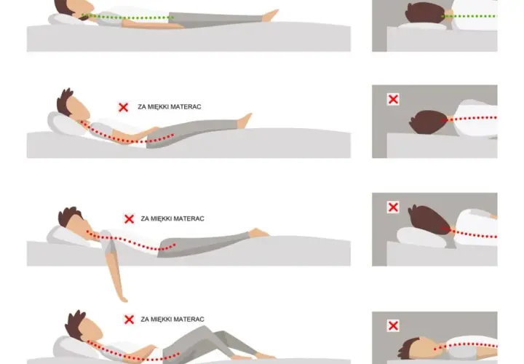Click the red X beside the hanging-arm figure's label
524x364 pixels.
click(129, 219)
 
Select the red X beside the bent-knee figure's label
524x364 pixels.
click(129, 320)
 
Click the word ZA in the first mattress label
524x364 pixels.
click(141, 106)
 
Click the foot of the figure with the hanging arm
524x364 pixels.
click(259, 233)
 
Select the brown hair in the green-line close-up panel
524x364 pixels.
click(424, 12)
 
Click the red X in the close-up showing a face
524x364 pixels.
click(393, 325)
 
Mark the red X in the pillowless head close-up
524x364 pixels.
click(393, 99)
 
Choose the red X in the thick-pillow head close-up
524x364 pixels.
click(393, 207)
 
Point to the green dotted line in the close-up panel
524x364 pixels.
click(469, 16)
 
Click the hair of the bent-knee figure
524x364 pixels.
click(74, 324)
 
